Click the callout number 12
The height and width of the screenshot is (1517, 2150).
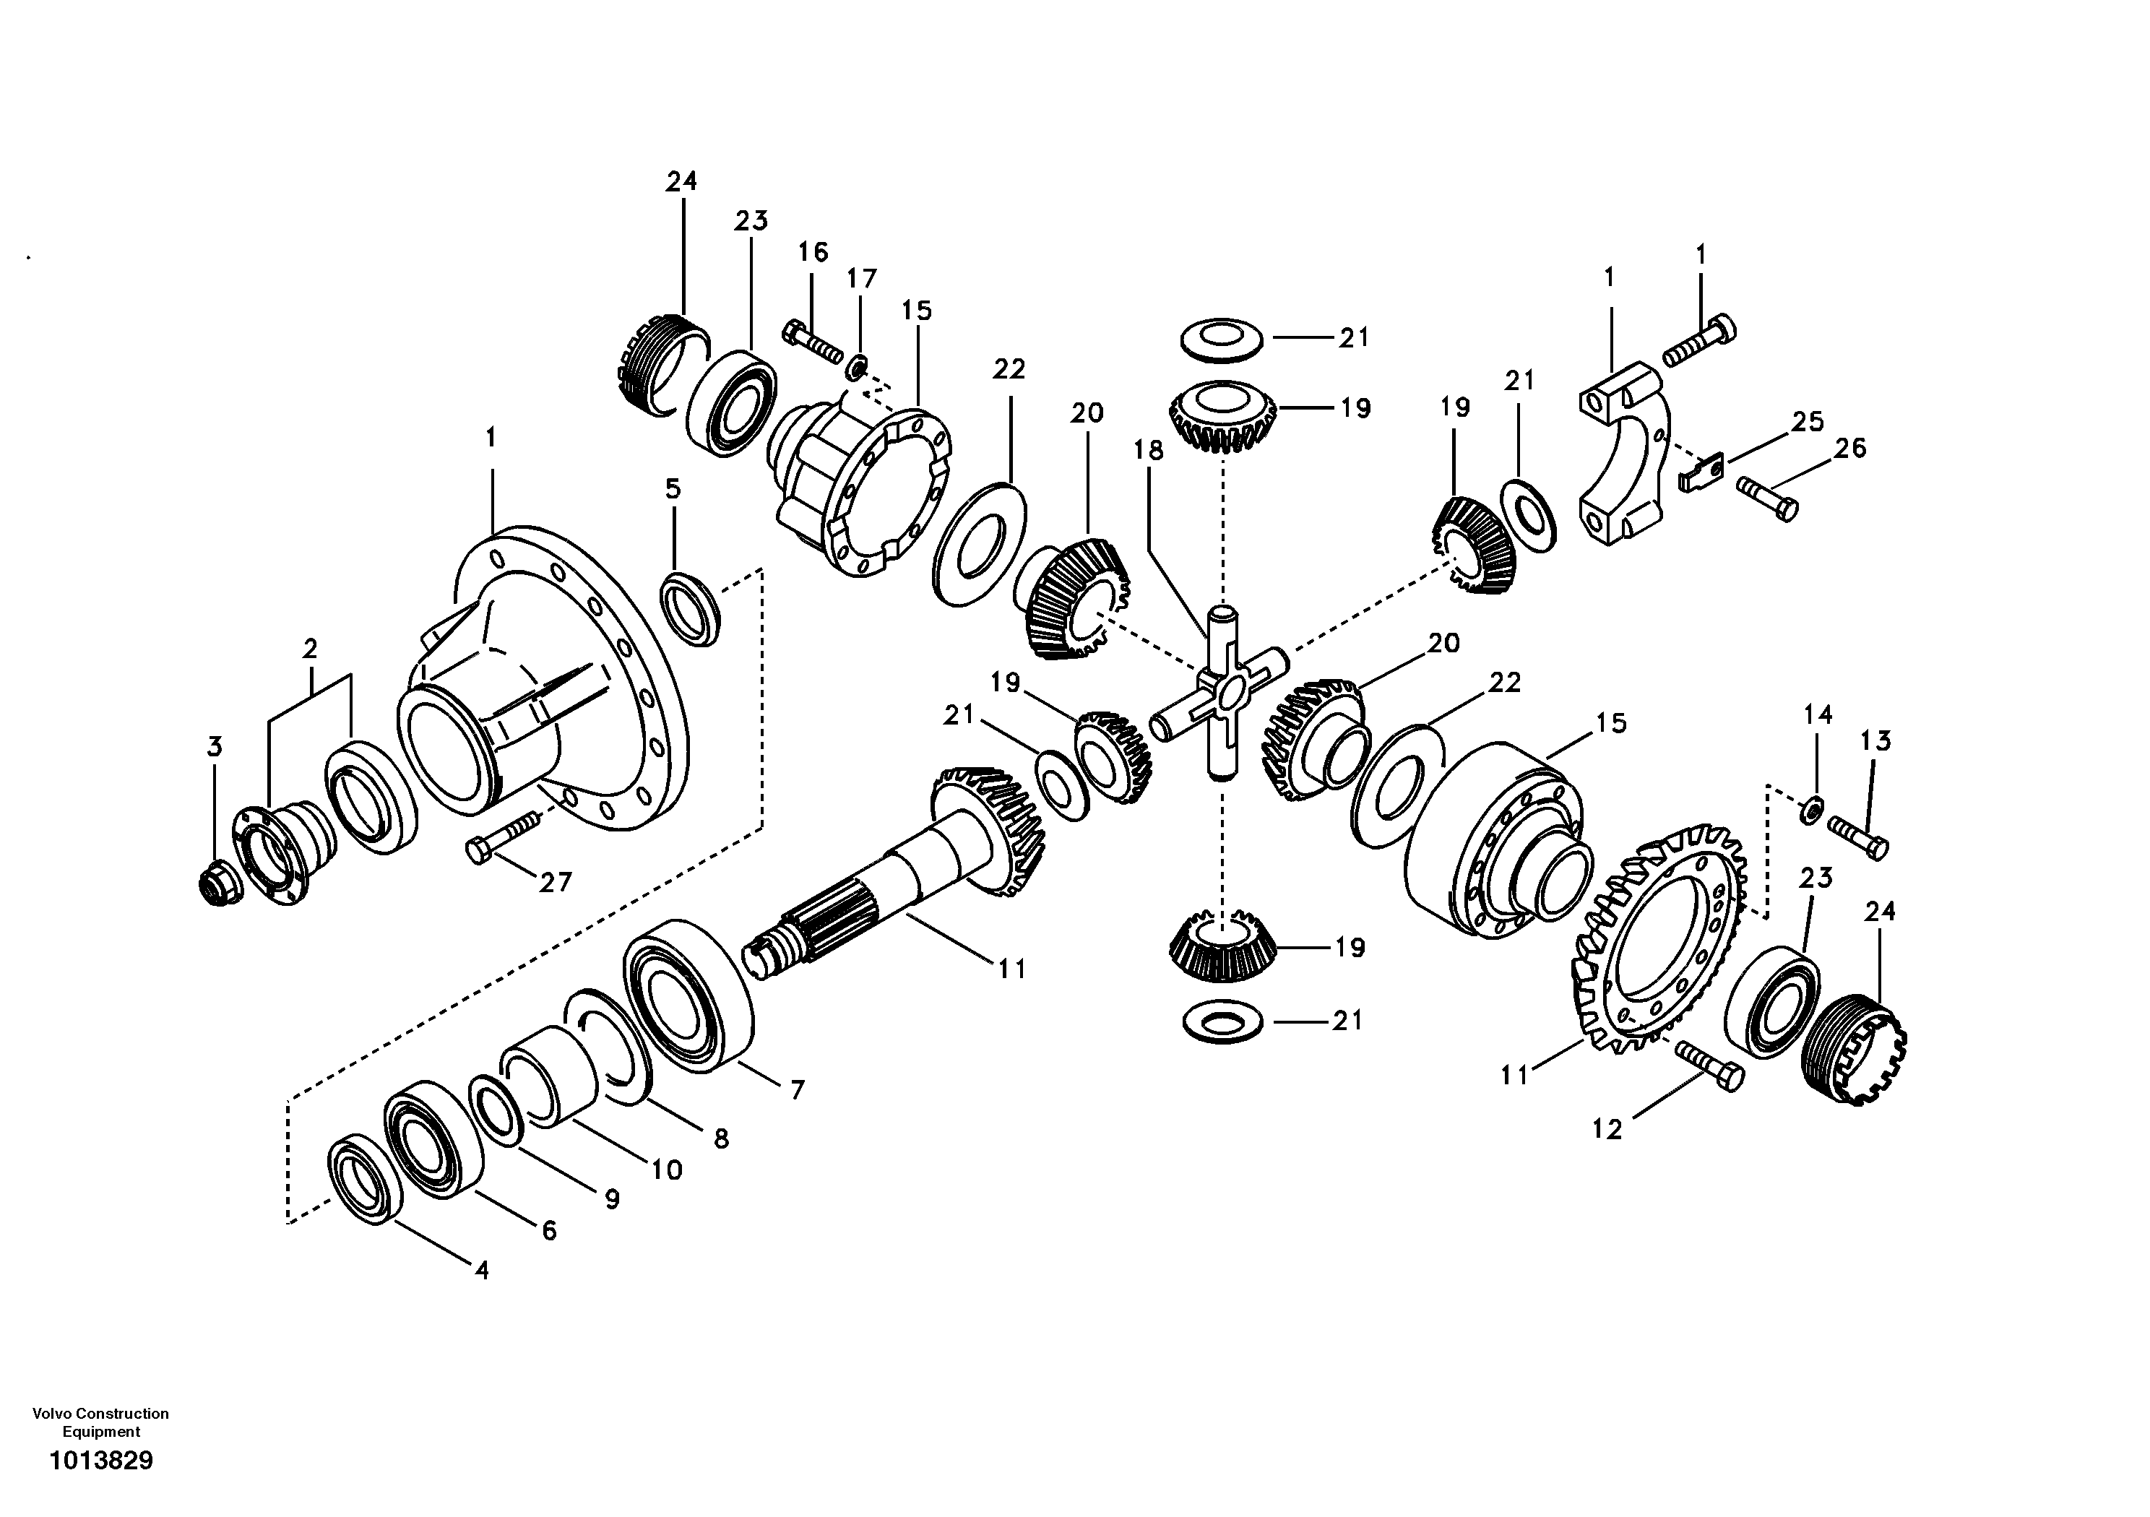(x=1606, y=1131)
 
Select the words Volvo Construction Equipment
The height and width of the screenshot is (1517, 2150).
(x=100, y=1422)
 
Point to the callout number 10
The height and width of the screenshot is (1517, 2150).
(x=667, y=1170)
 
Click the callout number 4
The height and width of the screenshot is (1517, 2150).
(x=481, y=1271)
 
